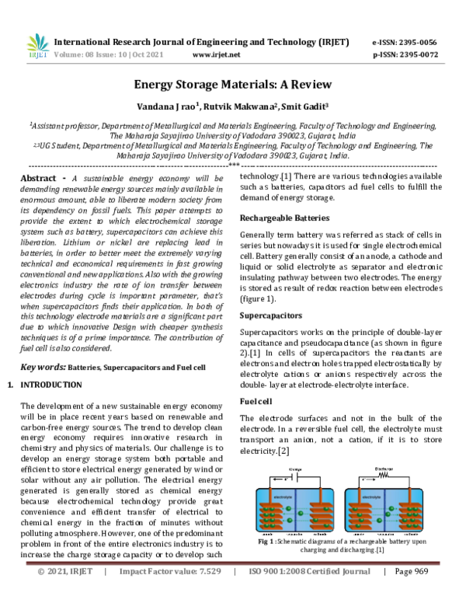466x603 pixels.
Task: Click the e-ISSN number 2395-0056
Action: pyautogui.click(x=416, y=42)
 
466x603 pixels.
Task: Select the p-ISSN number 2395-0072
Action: pyautogui.click(x=416, y=55)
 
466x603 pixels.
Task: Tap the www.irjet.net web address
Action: pyautogui.click(x=216, y=55)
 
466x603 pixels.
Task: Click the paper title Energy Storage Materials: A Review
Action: pyautogui.click(x=233, y=84)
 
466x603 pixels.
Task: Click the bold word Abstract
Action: pyautogui.click(x=41, y=178)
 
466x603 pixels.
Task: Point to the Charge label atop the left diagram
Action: pyautogui.click(x=296, y=469)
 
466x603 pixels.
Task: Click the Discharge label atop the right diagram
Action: pyautogui.click(x=385, y=469)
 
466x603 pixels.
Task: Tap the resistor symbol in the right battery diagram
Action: pyautogui.click(x=386, y=476)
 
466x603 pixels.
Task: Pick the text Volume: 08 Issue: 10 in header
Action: pyautogui.click(x=89, y=55)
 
